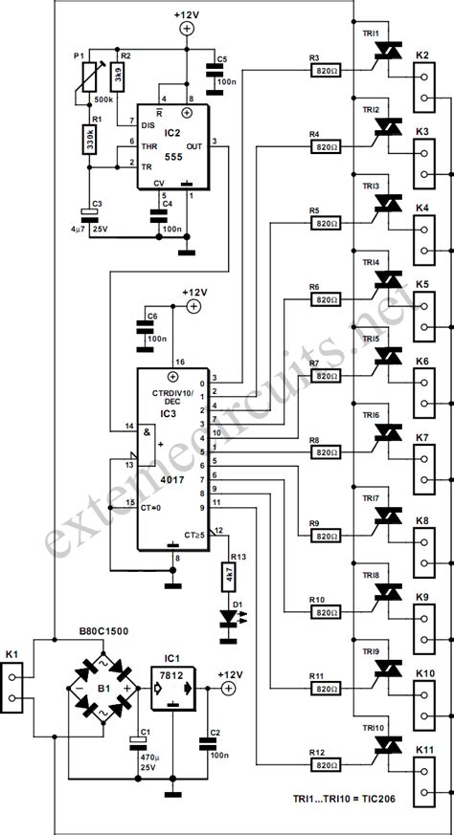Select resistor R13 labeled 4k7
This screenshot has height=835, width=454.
[x=228, y=575]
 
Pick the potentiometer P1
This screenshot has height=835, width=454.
[x=92, y=77]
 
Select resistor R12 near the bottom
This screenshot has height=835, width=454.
[x=326, y=764]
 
